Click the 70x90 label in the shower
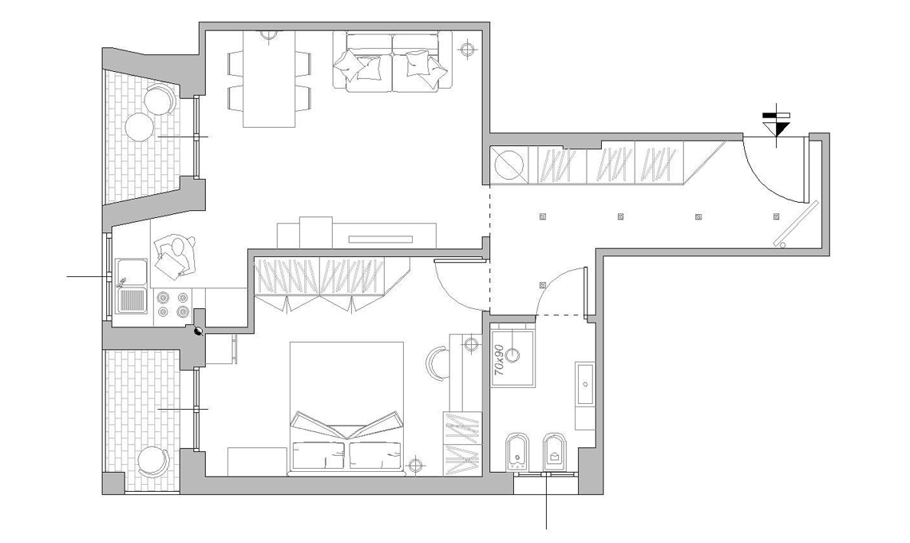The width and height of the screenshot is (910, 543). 499,360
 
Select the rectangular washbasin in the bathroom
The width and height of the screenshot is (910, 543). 585,384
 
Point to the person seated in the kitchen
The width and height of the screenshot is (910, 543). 176,255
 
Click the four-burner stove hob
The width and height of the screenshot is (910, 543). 175,303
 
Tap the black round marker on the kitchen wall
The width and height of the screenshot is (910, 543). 198,331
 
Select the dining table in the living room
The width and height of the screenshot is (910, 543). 269,79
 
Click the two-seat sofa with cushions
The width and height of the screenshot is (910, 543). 392,61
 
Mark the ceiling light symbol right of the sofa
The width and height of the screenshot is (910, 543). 467,50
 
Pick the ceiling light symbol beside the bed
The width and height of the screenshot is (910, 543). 414,464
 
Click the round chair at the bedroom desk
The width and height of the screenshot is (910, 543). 436,364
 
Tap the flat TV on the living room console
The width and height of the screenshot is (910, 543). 380,238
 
